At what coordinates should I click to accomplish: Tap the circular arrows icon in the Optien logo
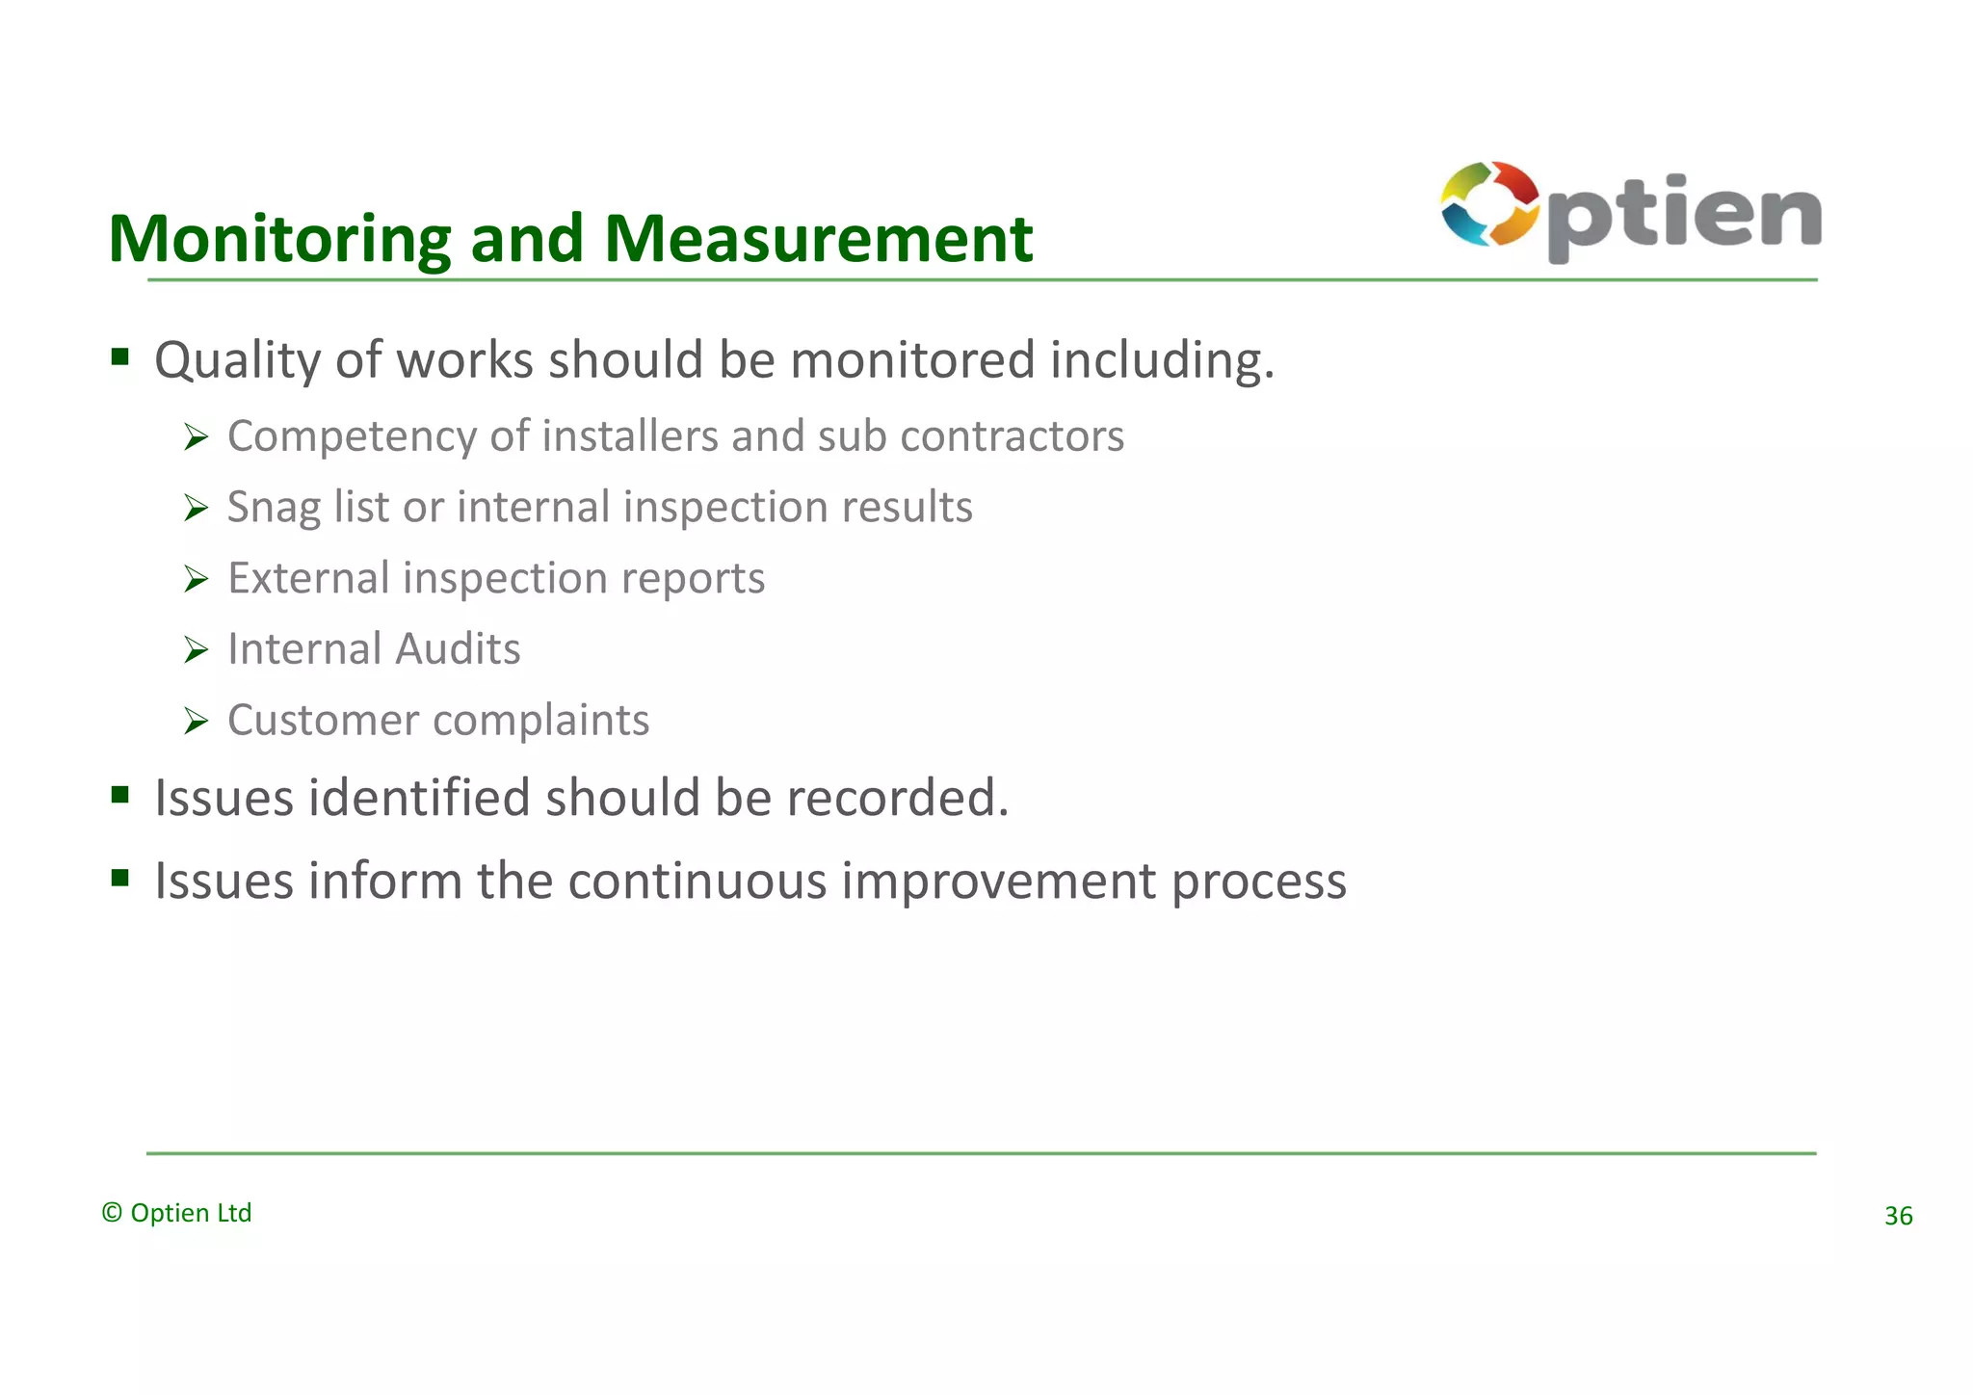(x=1489, y=204)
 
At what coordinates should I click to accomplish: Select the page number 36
(x=1898, y=1216)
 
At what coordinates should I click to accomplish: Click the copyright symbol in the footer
(x=112, y=1213)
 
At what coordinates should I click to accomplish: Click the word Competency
(x=352, y=437)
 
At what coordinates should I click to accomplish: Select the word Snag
(x=273, y=508)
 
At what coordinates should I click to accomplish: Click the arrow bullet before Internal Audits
(x=197, y=650)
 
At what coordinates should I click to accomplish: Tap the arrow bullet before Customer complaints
(x=197, y=722)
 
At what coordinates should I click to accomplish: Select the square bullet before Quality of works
(x=119, y=357)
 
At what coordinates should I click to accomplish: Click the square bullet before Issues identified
(x=119, y=795)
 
